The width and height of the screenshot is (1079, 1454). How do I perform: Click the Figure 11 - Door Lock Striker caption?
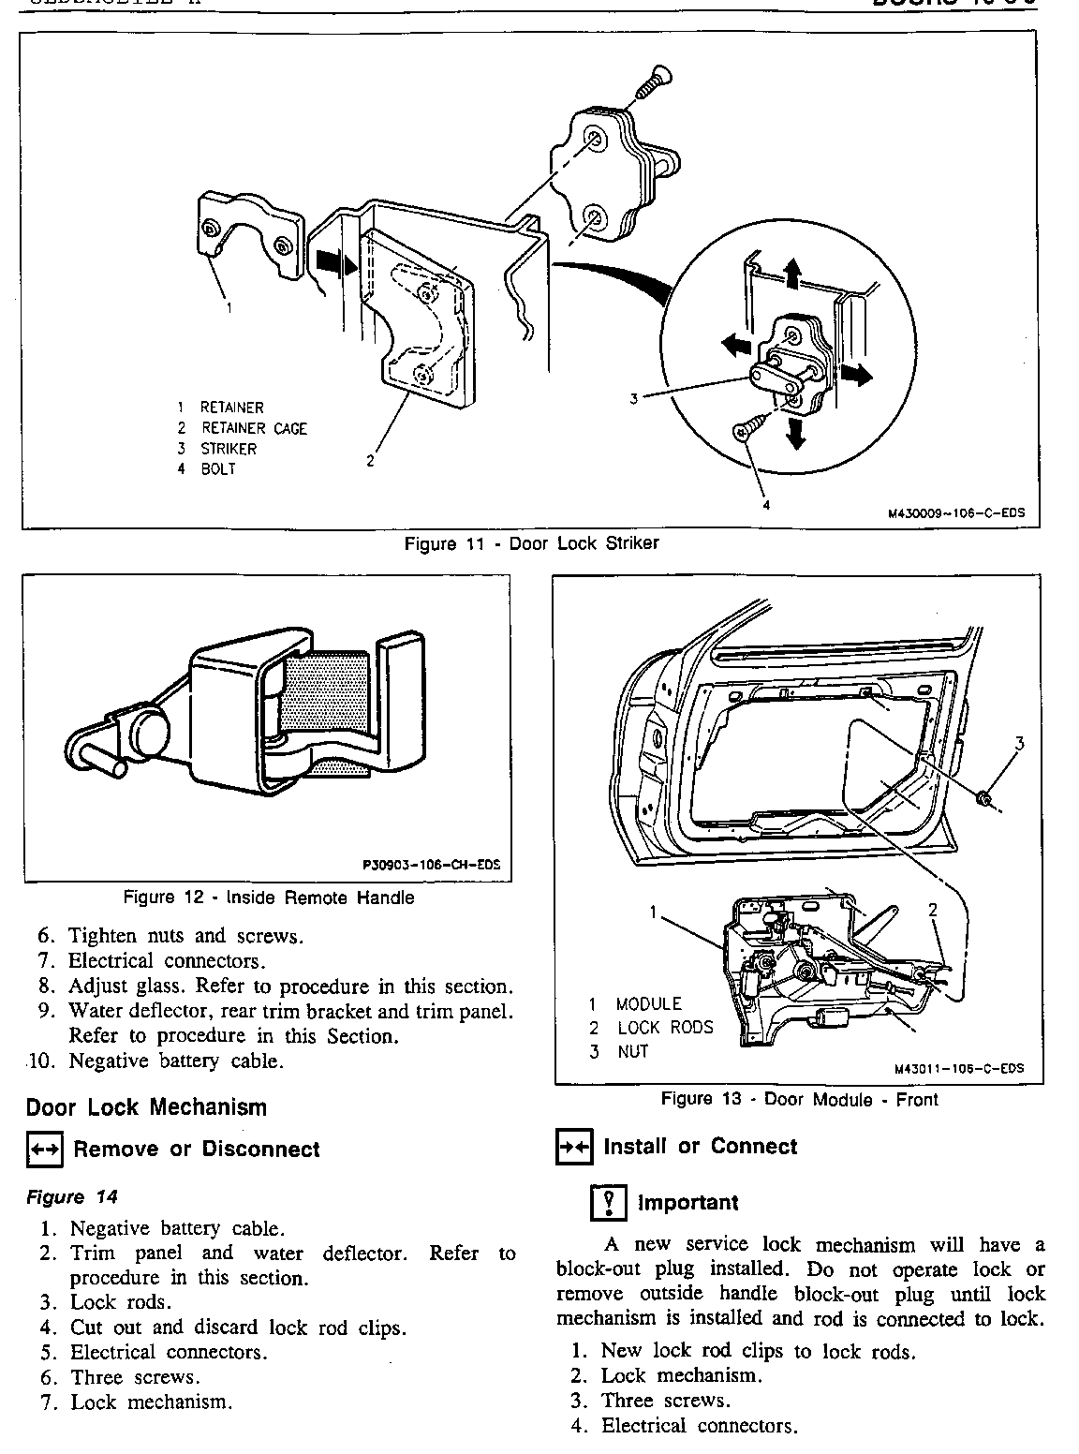point(531,544)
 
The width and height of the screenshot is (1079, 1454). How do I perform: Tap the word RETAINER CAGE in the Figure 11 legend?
point(254,428)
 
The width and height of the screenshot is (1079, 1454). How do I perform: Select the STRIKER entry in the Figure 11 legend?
point(228,449)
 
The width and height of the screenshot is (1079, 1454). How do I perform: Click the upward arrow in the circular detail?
point(792,273)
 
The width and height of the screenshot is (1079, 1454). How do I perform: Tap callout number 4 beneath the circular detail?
point(765,506)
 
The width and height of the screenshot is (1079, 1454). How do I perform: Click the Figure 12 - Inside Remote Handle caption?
point(269,898)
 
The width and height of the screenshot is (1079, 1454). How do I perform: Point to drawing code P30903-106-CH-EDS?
point(431,866)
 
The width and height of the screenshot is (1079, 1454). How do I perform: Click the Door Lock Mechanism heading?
point(146,1107)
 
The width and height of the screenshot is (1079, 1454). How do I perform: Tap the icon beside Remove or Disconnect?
point(44,1150)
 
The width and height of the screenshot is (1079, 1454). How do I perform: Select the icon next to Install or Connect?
point(573,1147)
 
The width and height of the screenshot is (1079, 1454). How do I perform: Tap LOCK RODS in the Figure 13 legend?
point(665,1028)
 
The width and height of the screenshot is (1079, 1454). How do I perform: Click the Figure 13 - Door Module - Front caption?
point(799,1099)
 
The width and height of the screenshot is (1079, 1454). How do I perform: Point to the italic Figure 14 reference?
point(72,1197)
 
